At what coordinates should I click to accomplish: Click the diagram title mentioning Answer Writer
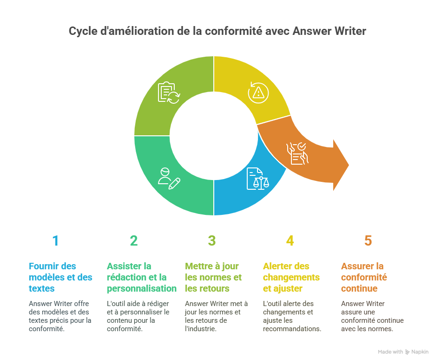(217, 31)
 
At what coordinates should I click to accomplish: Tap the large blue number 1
(56, 240)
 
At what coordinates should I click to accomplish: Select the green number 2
(134, 240)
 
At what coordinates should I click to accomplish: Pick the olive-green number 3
(212, 240)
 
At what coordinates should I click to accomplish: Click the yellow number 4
(290, 240)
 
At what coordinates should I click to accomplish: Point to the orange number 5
(368, 240)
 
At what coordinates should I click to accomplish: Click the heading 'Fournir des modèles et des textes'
(60, 277)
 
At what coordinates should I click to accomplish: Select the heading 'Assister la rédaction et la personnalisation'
(141, 277)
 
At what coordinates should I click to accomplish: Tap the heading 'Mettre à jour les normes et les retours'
(213, 277)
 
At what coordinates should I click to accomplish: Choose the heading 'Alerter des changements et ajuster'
(291, 277)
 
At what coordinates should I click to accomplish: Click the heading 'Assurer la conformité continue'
(364, 277)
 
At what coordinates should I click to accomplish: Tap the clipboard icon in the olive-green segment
(168, 92)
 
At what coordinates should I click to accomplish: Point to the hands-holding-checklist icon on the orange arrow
(297, 153)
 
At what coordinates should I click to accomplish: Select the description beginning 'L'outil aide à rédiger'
(138, 316)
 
